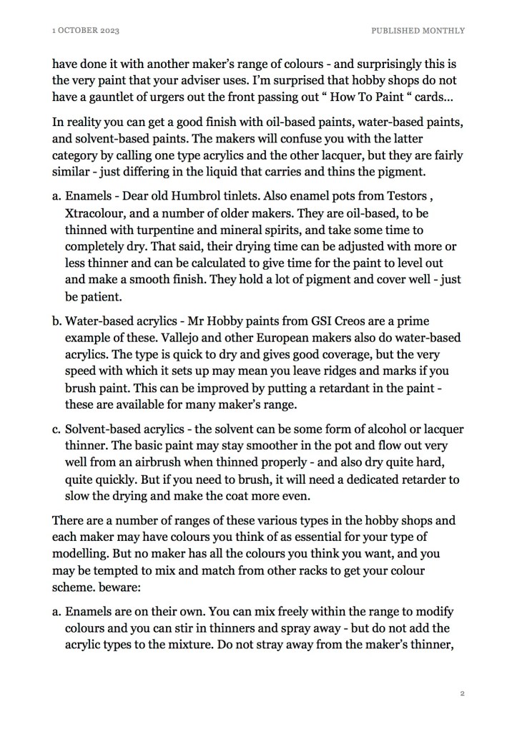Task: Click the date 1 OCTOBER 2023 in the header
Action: tap(80, 31)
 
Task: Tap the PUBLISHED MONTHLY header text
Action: tap(418, 31)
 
